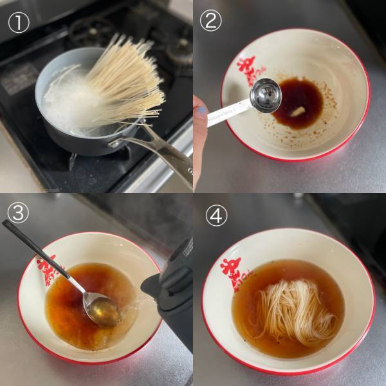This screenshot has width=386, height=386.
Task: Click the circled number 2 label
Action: (210, 21)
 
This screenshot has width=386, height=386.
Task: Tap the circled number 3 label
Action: (19, 212)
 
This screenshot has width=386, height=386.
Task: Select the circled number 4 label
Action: (217, 216)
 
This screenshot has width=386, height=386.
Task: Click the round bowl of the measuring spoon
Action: (265, 95)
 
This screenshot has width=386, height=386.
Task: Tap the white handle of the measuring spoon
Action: (225, 112)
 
